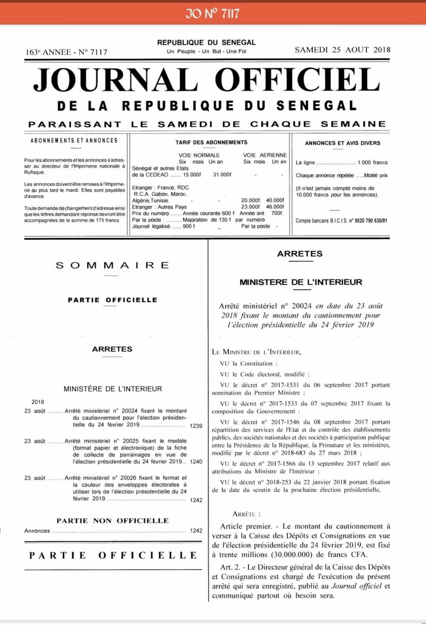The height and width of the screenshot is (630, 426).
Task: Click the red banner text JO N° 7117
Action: pyautogui.click(x=213, y=13)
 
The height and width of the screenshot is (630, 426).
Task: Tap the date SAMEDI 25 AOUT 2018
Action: pyautogui.click(x=343, y=49)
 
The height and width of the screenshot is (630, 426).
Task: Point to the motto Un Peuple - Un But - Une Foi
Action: pyautogui.click(x=207, y=51)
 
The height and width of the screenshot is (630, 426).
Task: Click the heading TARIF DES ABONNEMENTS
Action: pyautogui.click(x=211, y=142)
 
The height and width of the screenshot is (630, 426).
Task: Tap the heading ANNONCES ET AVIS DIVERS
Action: pyautogui.click(x=343, y=143)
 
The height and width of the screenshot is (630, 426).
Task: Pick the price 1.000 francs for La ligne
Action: pyautogui.click(x=373, y=163)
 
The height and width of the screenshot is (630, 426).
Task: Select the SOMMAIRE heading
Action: pyautogui.click(x=112, y=265)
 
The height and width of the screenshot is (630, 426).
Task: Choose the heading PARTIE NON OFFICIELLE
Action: pyautogui.click(x=112, y=520)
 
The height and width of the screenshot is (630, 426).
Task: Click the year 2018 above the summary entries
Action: pyautogui.click(x=38, y=402)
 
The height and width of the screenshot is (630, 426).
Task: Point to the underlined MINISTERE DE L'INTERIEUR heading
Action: pyautogui.click(x=301, y=282)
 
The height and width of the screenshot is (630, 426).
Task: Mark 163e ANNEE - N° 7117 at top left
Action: pyautogui.click(x=66, y=52)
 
